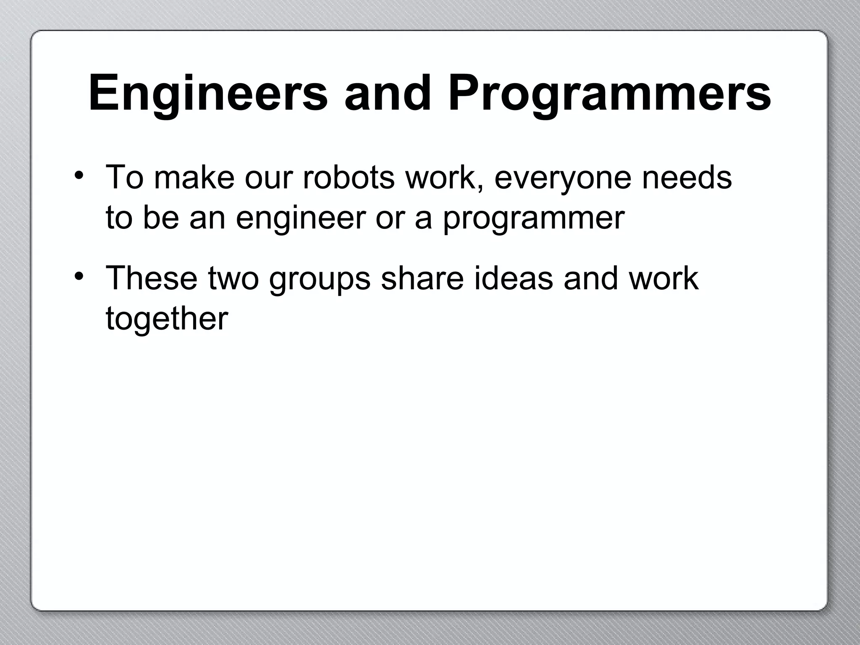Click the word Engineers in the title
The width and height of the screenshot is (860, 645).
tap(208, 93)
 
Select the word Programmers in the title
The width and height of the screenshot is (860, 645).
tap(609, 93)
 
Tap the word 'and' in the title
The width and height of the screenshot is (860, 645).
tap(387, 93)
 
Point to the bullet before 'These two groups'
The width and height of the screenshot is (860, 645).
tap(78, 276)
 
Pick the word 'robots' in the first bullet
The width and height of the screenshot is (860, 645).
tap(349, 177)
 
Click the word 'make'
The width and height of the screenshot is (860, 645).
tap(194, 177)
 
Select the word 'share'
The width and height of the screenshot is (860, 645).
tap(422, 278)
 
